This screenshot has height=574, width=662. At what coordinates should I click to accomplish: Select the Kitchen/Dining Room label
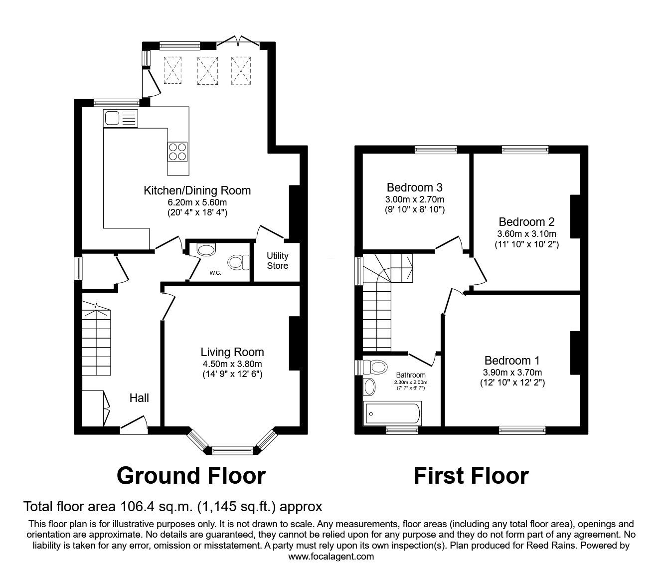[x=197, y=191]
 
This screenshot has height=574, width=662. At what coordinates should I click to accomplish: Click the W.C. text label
[x=215, y=273]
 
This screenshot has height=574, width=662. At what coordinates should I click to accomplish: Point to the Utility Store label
[x=277, y=261]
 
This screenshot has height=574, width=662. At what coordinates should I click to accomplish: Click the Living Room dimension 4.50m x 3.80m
[x=232, y=364]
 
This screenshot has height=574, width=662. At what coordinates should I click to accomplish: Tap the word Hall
[x=139, y=398]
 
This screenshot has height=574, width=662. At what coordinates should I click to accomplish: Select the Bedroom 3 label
[x=414, y=188]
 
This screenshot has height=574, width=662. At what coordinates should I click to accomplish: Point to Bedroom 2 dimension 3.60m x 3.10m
[x=526, y=233]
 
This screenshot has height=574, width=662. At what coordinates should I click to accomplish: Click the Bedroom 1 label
[x=512, y=360]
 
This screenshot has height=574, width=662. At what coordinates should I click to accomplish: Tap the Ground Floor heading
[x=191, y=476]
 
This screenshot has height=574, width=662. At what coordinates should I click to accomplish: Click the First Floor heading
[x=471, y=476]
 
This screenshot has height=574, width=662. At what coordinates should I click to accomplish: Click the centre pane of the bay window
[x=233, y=450]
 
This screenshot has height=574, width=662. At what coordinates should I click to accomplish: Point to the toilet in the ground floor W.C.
[x=239, y=262]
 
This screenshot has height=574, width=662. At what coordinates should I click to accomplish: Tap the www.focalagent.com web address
[x=331, y=557]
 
